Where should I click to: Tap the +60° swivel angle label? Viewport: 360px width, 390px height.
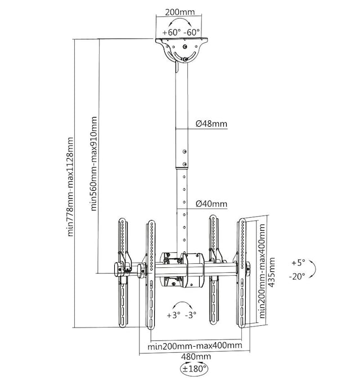(172, 32)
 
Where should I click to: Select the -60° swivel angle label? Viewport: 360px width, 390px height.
(192, 32)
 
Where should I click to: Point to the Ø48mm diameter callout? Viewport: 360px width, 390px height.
(211, 124)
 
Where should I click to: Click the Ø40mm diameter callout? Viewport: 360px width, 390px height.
(211, 204)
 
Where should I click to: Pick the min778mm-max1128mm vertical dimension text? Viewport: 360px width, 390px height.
(69, 186)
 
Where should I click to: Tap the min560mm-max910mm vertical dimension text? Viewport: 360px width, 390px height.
(94, 163)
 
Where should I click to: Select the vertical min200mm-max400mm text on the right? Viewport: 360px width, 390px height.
(262, 270)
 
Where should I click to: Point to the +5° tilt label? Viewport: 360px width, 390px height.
(298, 263)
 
